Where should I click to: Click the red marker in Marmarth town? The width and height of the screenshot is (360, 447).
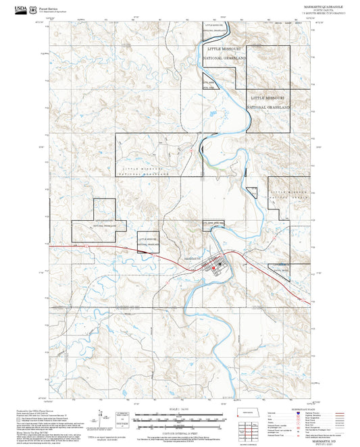(x=214, y=268)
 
